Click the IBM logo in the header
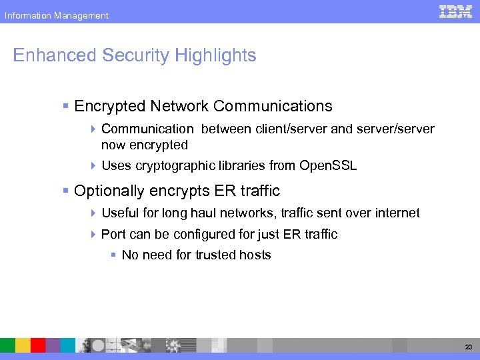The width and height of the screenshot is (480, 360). click(456, 11)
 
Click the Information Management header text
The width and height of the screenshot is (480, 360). click(56, 15)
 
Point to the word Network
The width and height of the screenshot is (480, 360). click(178, 106)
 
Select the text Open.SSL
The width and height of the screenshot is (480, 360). click(328, 166)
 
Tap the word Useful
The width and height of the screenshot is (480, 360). click(119, 213)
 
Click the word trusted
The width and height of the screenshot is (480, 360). click(215, 255)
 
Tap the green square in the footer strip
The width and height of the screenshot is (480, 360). click(7, 345)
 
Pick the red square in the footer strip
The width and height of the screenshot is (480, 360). click(38, 345)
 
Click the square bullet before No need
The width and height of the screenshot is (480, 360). click(115, 255)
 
